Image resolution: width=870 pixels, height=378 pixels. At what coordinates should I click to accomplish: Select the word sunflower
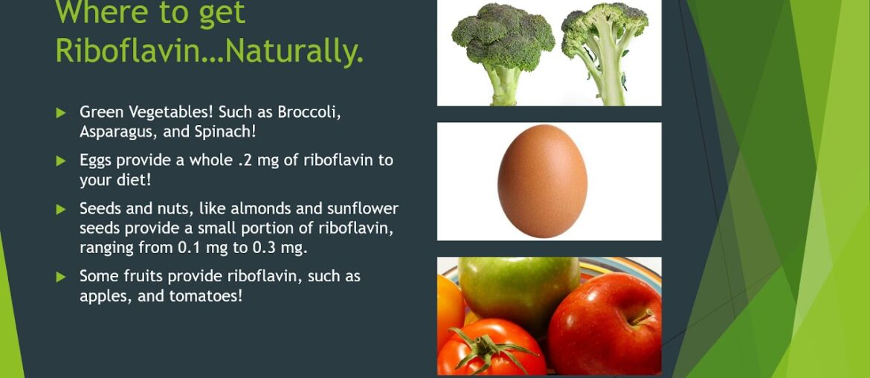[x=362, y=208]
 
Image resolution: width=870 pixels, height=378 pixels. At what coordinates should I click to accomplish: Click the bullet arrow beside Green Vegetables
[x=61, y=113]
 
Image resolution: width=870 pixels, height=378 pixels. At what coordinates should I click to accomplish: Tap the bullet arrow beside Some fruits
[x=61, y=277]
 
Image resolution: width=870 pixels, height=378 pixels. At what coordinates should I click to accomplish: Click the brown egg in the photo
[x=542, y=181]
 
